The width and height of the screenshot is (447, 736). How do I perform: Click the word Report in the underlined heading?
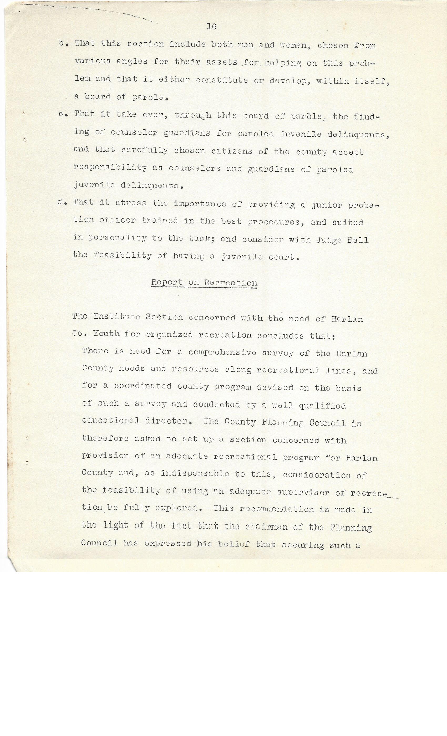coord(167,282)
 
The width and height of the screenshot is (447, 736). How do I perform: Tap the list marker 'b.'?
coord(64,43)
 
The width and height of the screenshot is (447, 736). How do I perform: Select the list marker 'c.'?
coord(64,114)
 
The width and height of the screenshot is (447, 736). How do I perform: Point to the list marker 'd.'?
coord(62,202)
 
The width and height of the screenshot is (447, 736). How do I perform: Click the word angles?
coord(132,62)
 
